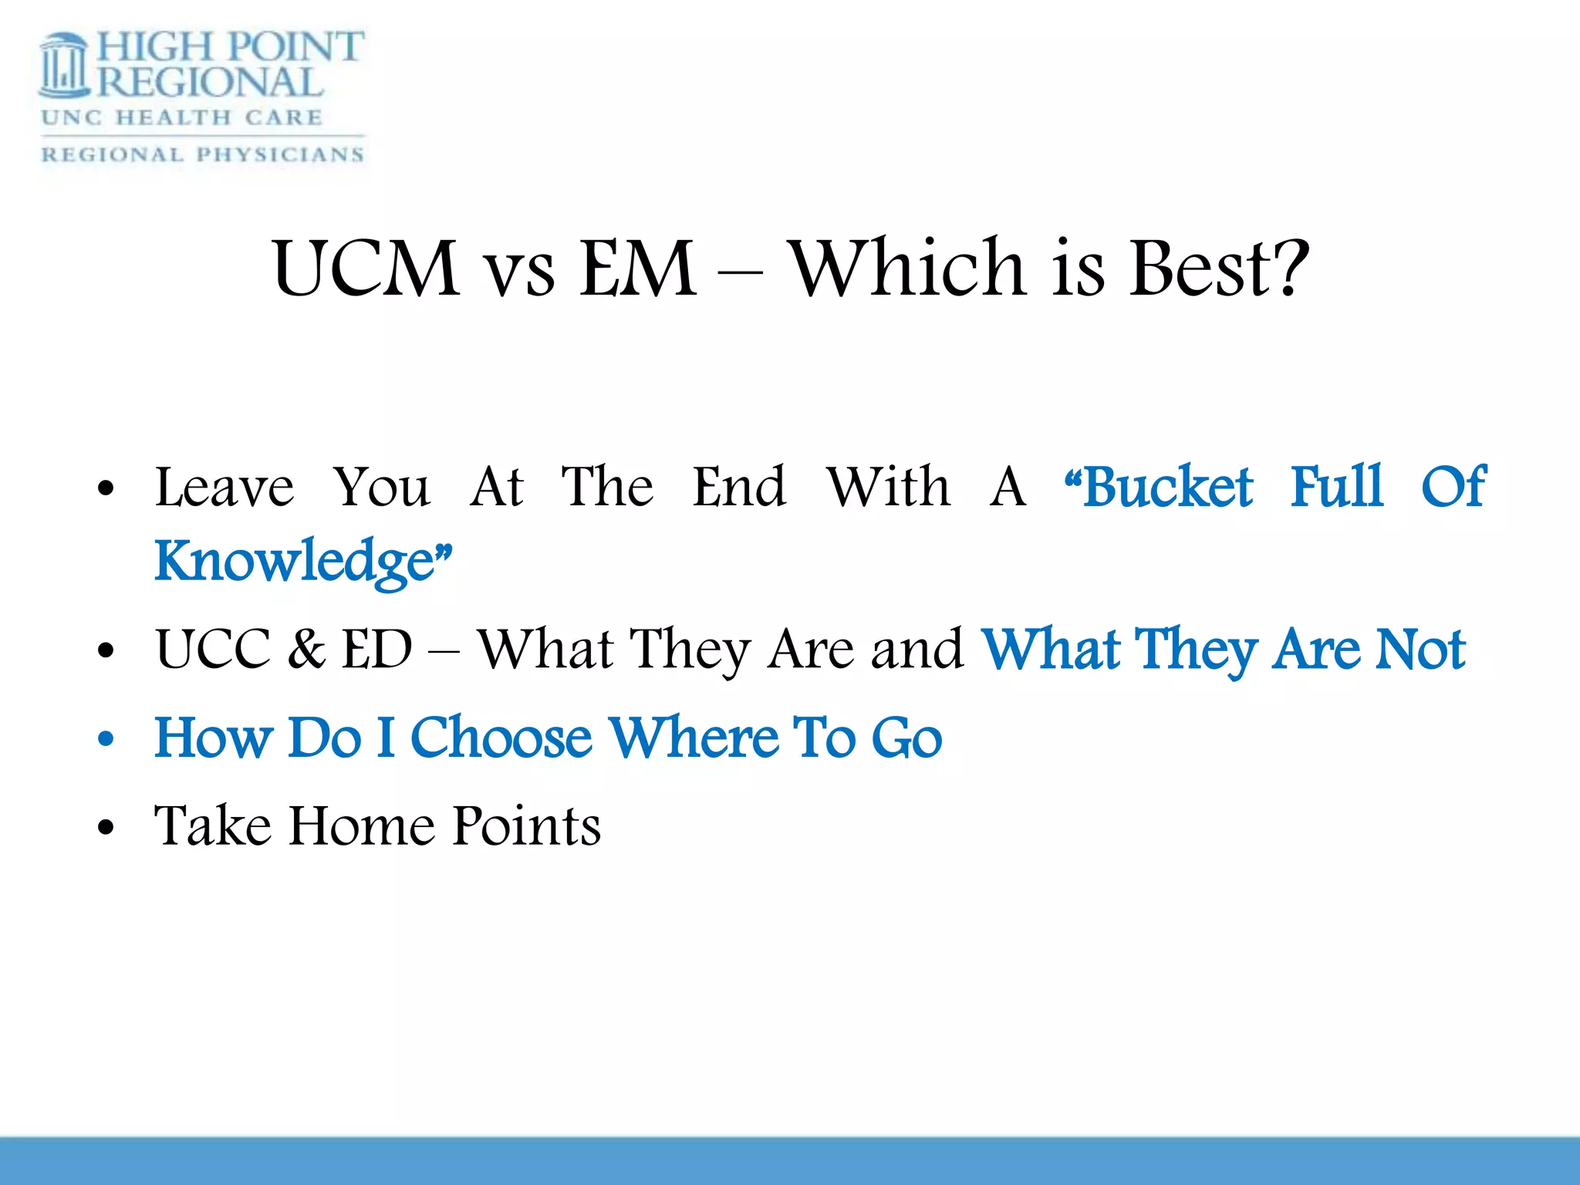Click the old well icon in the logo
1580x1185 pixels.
(x=64, y=67)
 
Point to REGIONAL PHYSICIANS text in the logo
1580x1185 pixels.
(x=202, y=154)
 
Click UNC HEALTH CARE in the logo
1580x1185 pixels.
(x=182, y=118)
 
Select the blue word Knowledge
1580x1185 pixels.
(x=295, y=561)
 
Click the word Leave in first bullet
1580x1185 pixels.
(x=225, y=488)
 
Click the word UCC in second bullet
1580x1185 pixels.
(x=213, y=649)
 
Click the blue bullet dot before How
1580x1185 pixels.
(x=106, y=739)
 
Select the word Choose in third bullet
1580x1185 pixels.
(x=501, y=738)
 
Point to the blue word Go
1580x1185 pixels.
(x=906, y=738)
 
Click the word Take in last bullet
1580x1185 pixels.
(x=213, y=826)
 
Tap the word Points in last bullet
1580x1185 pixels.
(x=526, y=826)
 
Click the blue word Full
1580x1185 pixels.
(x=1337, y=488)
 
